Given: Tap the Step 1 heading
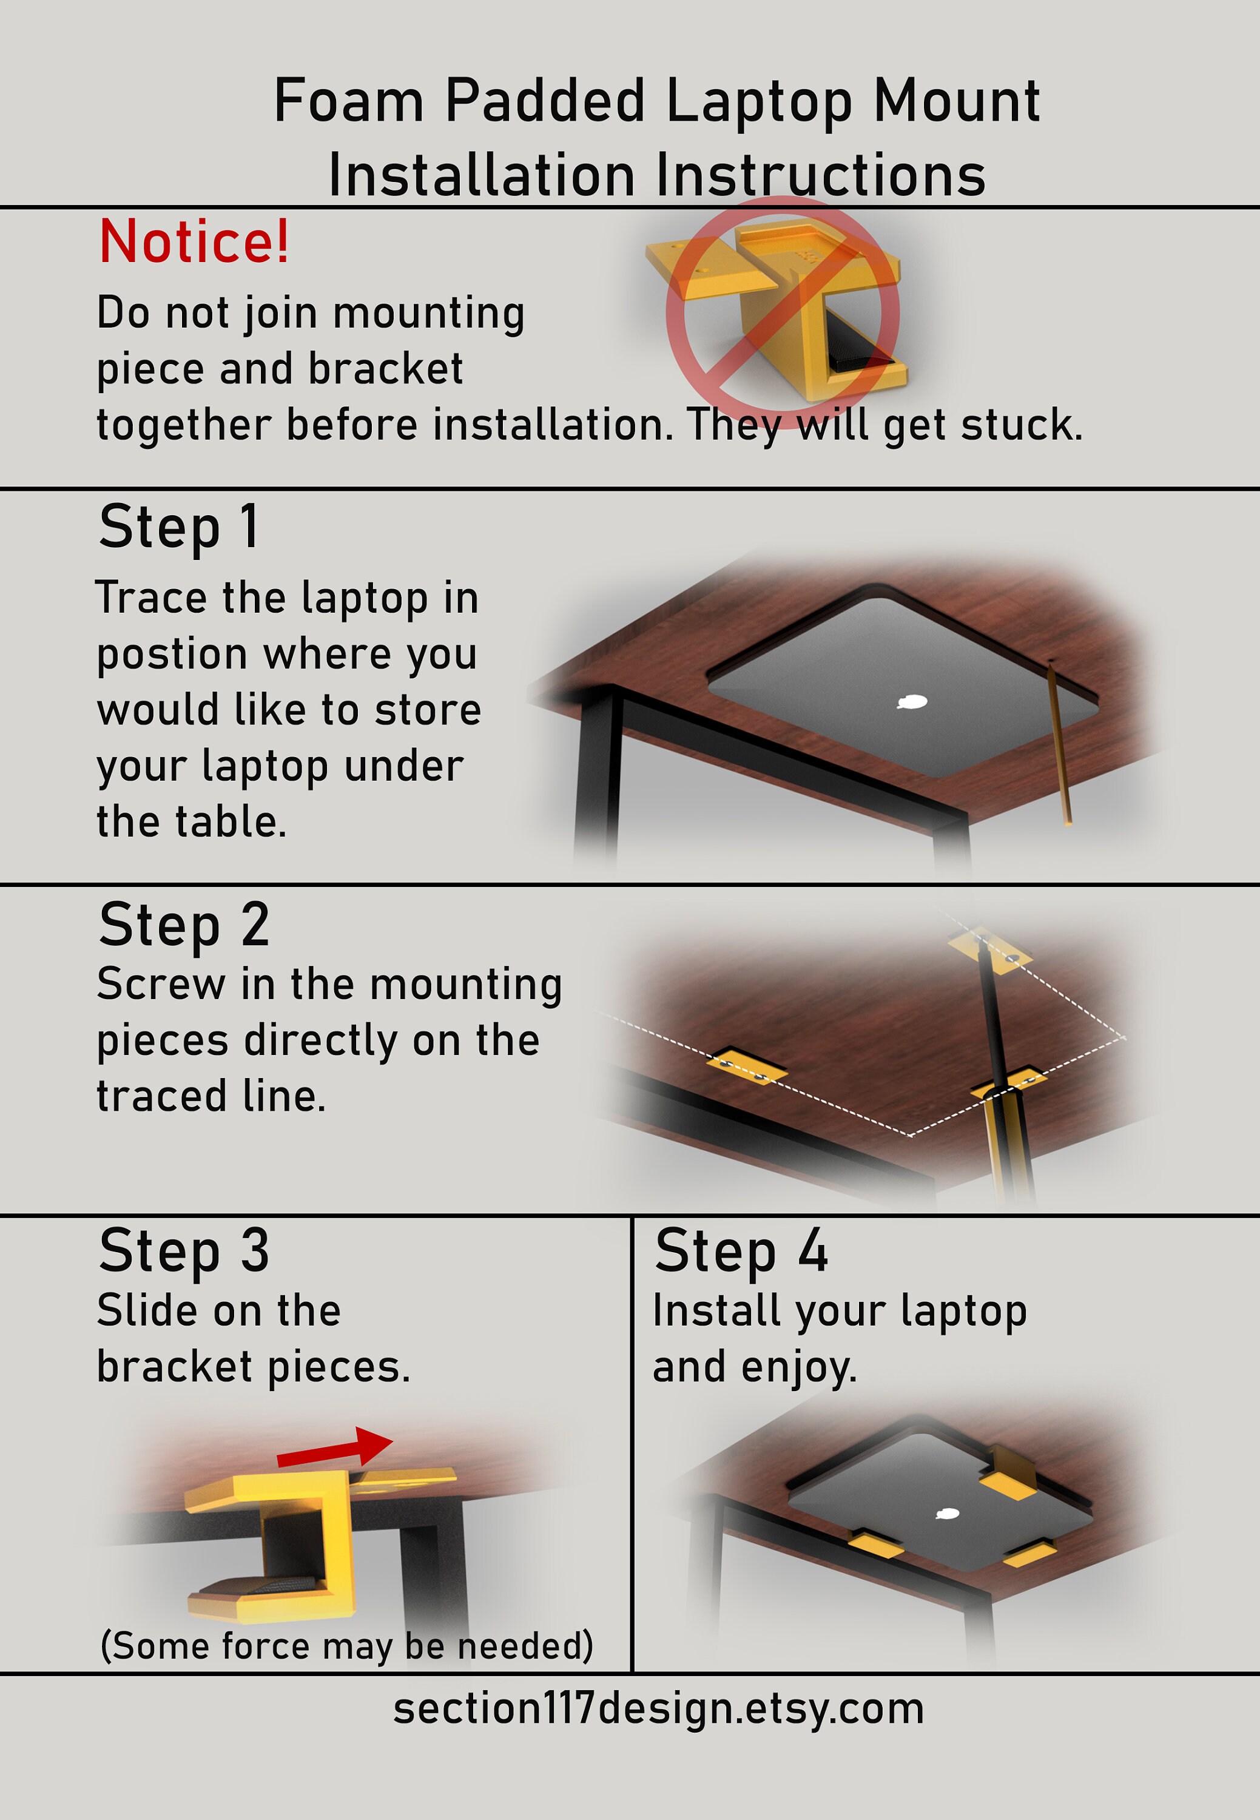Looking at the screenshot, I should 178,527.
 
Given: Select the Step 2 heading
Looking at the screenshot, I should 184,925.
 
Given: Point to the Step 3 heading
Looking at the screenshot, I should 184,1252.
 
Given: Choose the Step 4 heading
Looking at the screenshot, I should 741,1252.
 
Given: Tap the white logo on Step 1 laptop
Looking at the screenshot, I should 914,701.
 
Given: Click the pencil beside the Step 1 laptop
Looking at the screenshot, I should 1059,742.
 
